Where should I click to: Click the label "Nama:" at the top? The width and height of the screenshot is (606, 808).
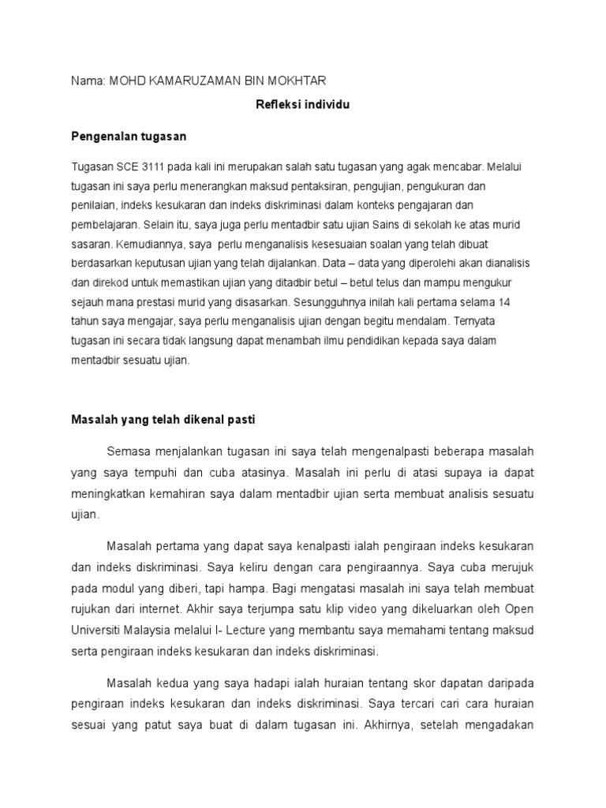point(88,81)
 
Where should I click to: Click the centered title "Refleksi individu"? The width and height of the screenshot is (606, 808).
point(302,105)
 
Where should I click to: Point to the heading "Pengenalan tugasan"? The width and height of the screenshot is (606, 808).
point(129,137)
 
